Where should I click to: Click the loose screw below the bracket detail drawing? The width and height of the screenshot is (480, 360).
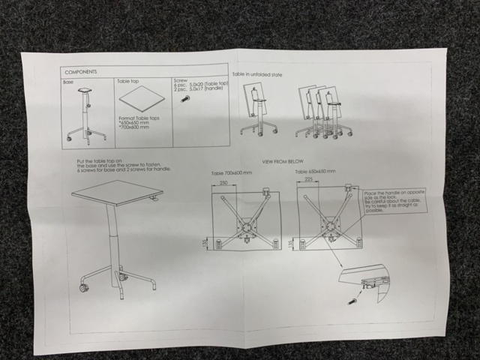click(349, 300)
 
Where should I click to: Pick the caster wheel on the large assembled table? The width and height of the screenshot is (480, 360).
click(83, 288)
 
